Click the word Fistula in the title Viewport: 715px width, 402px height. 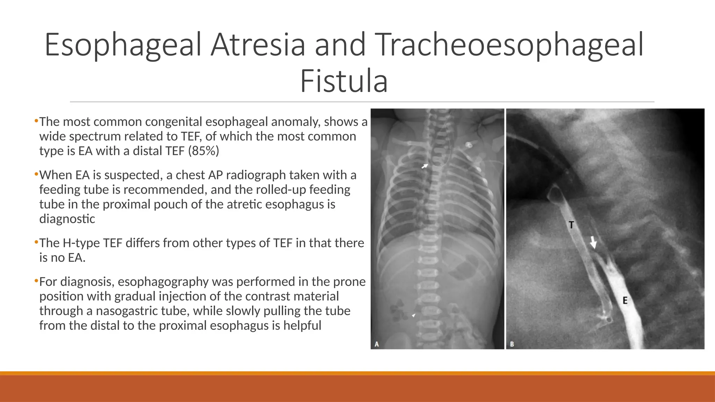[x=344, y=81]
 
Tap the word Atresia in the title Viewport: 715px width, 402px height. [x=258, y=45]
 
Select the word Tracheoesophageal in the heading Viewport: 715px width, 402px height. [x=510, y=45]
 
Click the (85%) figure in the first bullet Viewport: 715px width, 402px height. [x=204, y=151]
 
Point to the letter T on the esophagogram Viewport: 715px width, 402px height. [x=571, y=225]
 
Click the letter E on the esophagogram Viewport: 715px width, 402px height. [x=625, y=300]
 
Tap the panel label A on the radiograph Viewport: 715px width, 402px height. [x=377, y=344]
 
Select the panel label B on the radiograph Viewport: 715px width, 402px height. [x=512, y=344]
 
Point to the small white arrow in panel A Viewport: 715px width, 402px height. [x=425, y=166]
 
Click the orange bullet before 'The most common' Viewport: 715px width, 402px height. [x=36, y=121]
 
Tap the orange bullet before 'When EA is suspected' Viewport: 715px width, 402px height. [x=36, y=174]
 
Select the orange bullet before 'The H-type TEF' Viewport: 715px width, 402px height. [x=36, y=243]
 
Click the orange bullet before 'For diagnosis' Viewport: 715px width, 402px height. [x=36, y=281]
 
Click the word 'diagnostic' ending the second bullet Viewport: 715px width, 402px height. [x=67, y=219]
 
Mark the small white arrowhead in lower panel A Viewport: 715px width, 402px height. [x=414, y=315]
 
